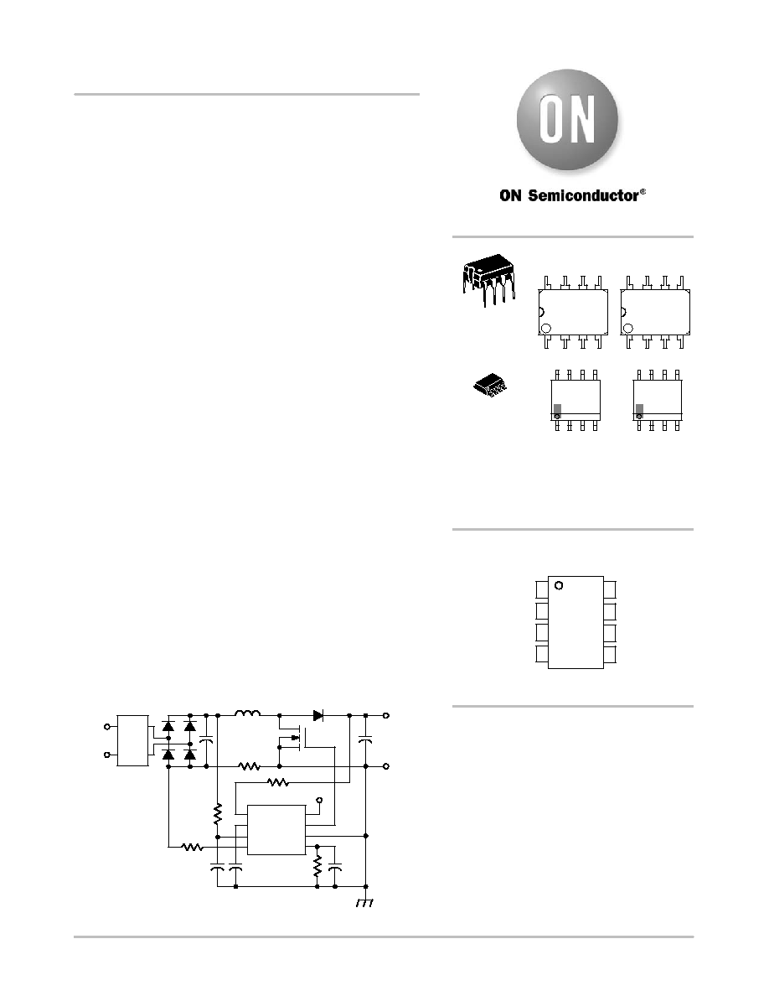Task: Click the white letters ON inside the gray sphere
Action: click(x=567, y=119)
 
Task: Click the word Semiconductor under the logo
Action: click(x=583, y=195)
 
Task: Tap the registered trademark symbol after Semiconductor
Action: click(x=643, y=191)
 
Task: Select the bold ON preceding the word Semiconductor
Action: click(x=510, y=195)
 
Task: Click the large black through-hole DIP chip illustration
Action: click(x=488, y=280)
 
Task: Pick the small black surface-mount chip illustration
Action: click(x=491, y=385)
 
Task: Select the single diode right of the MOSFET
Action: click(x=318, y=715)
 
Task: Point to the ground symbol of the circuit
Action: click(x=364, y=903)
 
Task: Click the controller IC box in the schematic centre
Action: click(x=276, y=830)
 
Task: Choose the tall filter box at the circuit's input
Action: click(x=132, y=740)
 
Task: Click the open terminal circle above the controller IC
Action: click(x=319, y=800)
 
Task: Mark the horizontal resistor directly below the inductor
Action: click(x=250, y=766)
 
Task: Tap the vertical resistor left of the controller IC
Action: click(x=218, y=814)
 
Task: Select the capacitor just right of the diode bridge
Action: click(x=206, y=740)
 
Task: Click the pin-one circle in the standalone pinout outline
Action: click(x=559, y=585)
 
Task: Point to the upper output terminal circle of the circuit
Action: click(x=386, y=715)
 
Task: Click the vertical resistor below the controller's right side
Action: click(x=317, y=866)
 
